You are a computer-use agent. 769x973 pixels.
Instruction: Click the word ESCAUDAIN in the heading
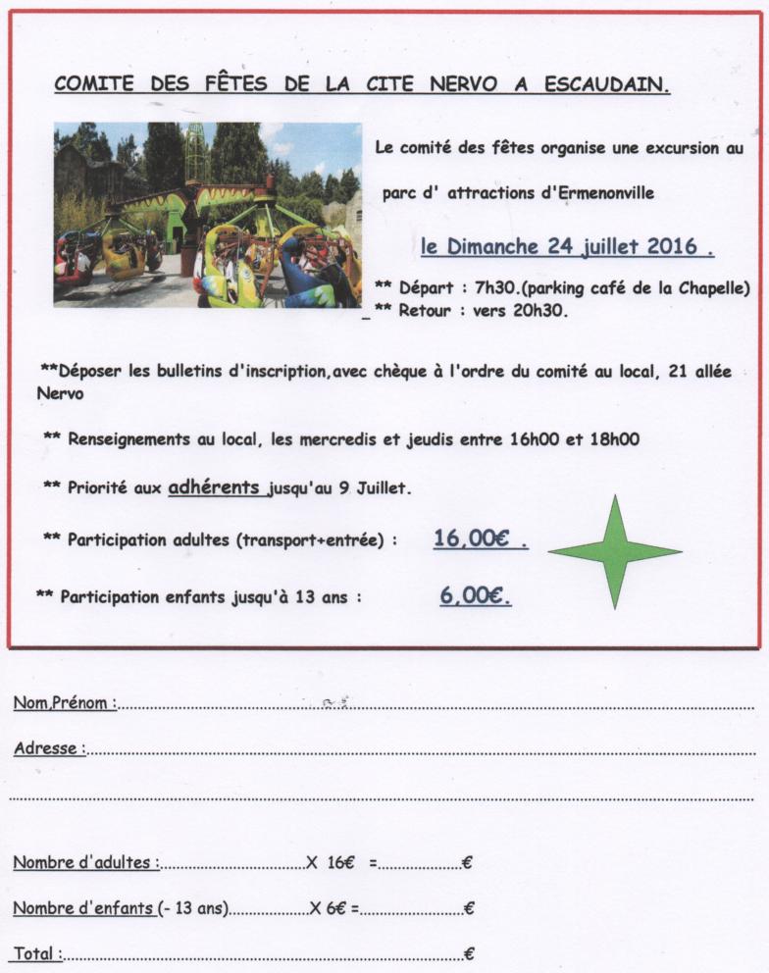[607, 84]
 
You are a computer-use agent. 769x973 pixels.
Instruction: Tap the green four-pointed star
[614, 552]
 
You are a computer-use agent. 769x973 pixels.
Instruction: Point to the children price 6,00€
[475, 594]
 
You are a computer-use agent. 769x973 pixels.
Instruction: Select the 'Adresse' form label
[46, 748]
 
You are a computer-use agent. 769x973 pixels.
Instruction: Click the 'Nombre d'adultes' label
[84, 863]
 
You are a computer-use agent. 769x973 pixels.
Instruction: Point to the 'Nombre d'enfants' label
[84, 908]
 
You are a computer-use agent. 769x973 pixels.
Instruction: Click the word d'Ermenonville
[598, 194]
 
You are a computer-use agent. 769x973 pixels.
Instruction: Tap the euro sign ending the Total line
[470, 953]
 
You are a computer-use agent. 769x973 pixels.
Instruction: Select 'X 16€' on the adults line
[330, 863]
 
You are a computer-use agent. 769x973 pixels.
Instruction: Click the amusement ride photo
[207, 215]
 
